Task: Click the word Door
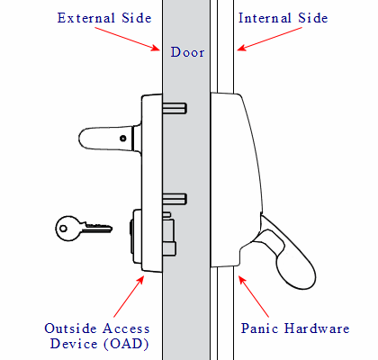187,52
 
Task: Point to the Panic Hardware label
295,328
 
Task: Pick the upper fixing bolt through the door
175,109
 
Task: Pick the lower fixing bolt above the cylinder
175,198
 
